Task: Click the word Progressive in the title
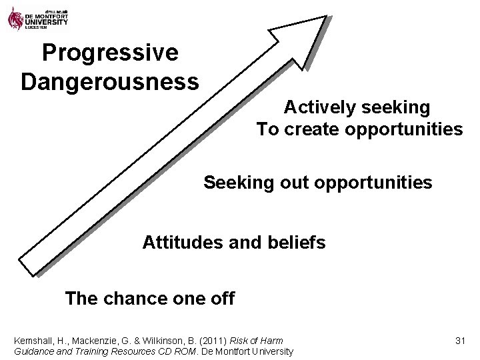[109, 53]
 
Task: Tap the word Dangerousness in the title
[109, 82]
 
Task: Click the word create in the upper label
[313, 129]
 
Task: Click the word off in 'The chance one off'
[221, 298]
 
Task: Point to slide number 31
[459, 341]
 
